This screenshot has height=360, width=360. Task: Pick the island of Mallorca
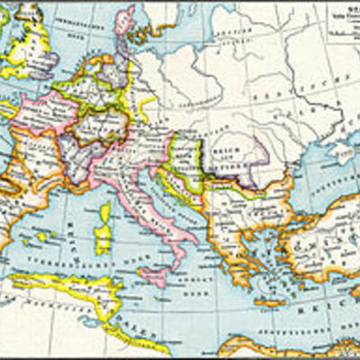pyautogui.click(x=44, y=236)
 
